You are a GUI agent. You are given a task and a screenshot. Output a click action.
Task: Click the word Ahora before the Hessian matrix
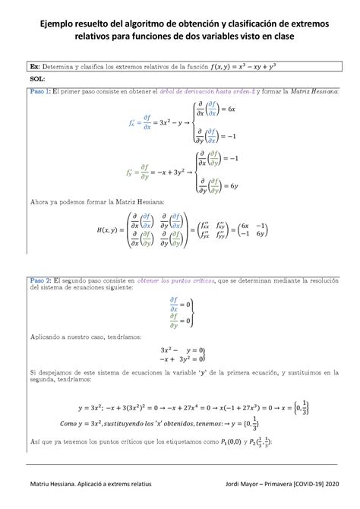click(x=43, y=202)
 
